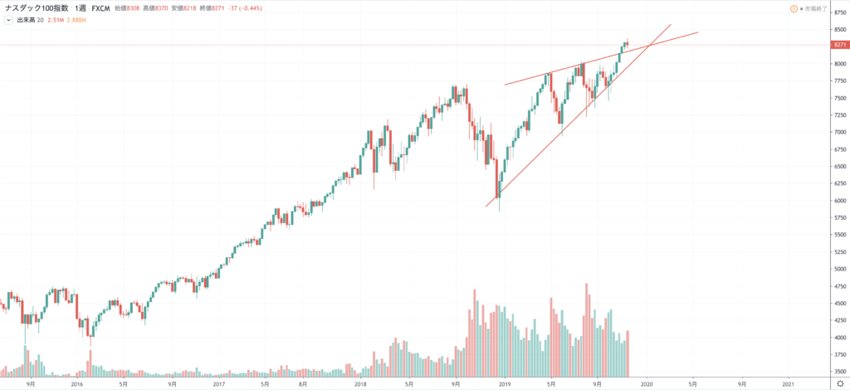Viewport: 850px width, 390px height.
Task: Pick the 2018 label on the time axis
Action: click(x=361, y=384)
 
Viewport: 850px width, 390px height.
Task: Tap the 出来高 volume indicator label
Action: click(x=27, y=19)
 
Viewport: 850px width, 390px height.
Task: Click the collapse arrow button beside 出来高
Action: click(x=7, y=19)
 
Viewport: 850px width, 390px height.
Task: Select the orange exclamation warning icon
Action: click(x=794, y=8)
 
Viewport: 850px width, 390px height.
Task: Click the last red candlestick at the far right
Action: click(x=628, y=42)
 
